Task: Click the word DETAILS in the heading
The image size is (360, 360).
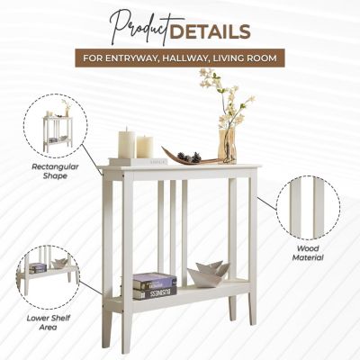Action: click(x=213, y=31)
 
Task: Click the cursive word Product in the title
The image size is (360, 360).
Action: click(x=140, y=28)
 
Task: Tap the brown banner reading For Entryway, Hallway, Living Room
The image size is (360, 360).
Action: click(x=181, y=58)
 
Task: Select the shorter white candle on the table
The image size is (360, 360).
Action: click(x=144, y=146)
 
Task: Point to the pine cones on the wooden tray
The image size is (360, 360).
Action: click(x=191, y=157)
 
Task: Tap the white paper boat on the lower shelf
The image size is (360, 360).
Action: click(x=208, y=274)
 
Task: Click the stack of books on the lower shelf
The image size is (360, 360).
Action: click(x=154, y=285)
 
